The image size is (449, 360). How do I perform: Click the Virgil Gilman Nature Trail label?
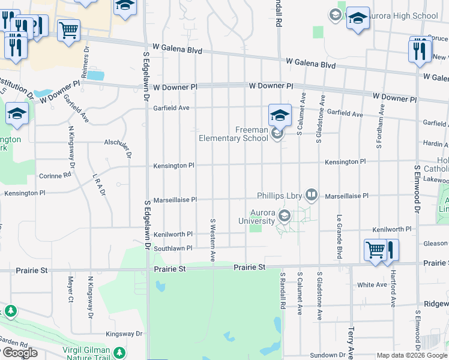coord(86,354)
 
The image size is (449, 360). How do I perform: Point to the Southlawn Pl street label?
coord(173,248)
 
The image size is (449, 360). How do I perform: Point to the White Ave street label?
coord(372,284)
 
